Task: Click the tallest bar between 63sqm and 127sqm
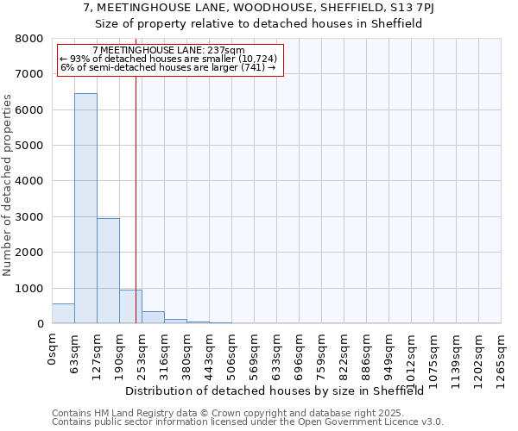(x=85, y=208)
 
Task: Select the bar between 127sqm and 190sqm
(x=108, y=271)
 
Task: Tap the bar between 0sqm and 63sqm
(x=63, y=314)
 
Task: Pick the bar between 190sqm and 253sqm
(x=130, y=307)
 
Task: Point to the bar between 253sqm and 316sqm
(x=153, y=317)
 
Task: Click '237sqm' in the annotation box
(x=228, y=51)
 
